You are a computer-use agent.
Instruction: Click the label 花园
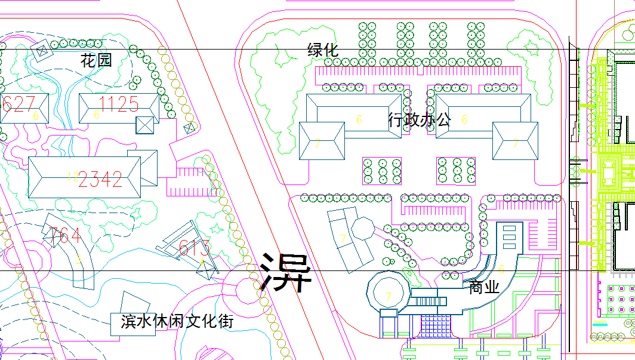[97, 60]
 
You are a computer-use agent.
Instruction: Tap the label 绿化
[323, 50]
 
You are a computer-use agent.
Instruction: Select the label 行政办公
[420, 119]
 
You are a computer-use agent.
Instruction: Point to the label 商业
[483, 287]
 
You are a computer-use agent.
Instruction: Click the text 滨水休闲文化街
[177, 321]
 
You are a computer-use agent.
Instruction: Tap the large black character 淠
[286, 272]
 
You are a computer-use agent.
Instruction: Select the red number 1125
[119, 104]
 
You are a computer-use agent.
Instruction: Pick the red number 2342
[100, 179]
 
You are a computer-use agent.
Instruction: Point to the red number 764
[65, 236]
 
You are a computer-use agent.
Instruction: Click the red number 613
[195, 247]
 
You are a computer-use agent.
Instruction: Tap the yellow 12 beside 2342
[73, 176]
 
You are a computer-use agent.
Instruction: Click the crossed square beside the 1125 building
[145, 125]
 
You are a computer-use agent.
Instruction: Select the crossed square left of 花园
[43, 53]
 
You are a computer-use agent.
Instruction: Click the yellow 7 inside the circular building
[389, 296]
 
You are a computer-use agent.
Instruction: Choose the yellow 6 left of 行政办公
[359, 120]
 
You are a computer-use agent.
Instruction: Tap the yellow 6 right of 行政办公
[464, 120]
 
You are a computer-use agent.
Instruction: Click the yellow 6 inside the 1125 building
[96, 114]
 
